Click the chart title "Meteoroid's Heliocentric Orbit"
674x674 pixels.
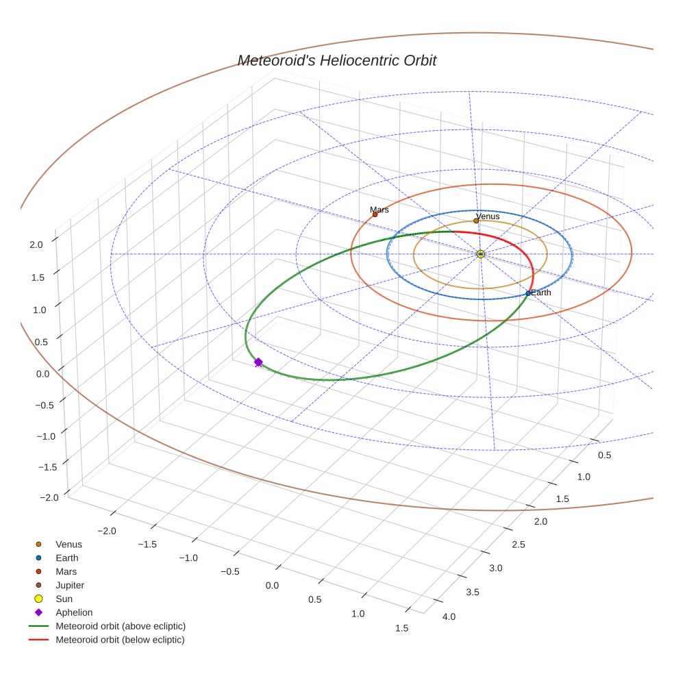tap(336, 61)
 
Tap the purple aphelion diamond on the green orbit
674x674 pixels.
tap(258, 362)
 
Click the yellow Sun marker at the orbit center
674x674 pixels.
tap(481, 254)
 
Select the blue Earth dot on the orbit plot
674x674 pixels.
tap(528, 294)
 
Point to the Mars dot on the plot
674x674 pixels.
tap(375, 215)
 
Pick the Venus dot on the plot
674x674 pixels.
tap(476, 221)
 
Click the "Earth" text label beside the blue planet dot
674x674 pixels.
tap(541, 292)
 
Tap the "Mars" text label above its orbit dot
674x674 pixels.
tap(379, 210)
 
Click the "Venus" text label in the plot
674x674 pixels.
tap(488, 216)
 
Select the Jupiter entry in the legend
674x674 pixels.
tap(70, 585)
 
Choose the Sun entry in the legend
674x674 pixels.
tap(65, 599)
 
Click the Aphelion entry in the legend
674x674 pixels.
tap(74, 612)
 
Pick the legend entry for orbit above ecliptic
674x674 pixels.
tap(121, 626)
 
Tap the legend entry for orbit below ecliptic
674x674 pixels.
tap(120, 640)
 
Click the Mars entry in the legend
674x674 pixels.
tap(66, 571)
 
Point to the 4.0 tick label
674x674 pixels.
tap(449, 617)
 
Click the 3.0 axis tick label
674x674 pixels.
tap(495, 568)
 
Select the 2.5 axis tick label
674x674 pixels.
tap(517, 545)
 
